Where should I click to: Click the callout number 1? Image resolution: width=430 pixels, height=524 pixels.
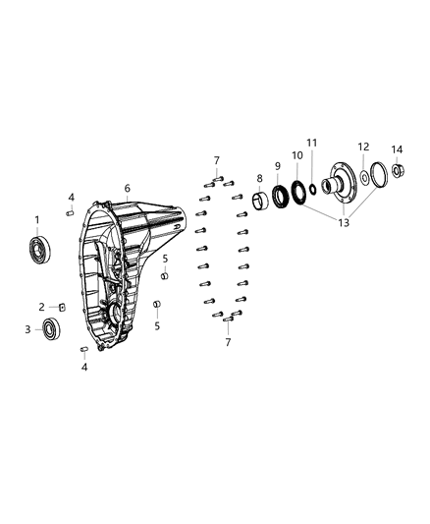37,220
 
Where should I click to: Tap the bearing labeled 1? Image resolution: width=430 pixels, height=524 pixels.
39,249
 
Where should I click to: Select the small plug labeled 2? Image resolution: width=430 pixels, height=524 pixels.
62,307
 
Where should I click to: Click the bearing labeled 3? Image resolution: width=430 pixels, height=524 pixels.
52,327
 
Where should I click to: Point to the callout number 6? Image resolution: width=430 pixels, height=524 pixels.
127,188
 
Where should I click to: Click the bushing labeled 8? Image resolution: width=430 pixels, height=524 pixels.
260,202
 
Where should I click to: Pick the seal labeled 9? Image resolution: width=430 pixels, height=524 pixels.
280,196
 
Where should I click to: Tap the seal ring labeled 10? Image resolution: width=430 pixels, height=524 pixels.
298,192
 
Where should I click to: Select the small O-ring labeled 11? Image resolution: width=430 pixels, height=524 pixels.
313,189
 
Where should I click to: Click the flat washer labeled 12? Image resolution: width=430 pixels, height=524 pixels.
364,177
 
